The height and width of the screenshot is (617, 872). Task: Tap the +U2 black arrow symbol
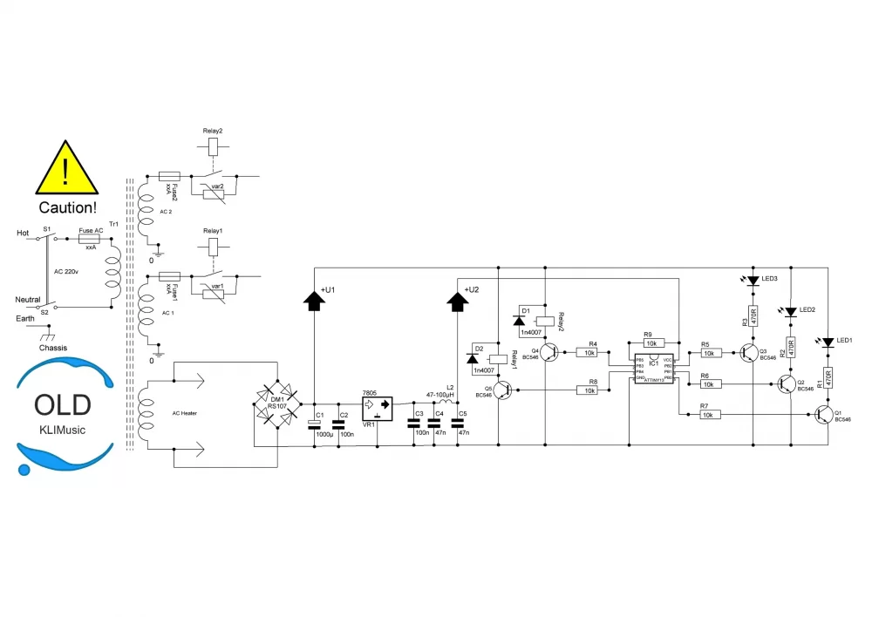coord(457,300)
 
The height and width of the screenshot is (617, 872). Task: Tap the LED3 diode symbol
coord(753,281)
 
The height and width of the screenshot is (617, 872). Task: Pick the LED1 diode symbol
coord(828,342)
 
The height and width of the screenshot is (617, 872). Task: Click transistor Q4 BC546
coord(548,352)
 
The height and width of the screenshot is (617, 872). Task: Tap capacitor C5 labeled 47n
coord(457,424)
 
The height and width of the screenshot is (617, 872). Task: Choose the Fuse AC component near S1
coord(90,236)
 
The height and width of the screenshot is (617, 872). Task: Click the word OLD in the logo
coord(62,404)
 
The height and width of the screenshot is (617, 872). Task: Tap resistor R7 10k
coord(711,415)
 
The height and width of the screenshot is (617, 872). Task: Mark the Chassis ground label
coord(53,348)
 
